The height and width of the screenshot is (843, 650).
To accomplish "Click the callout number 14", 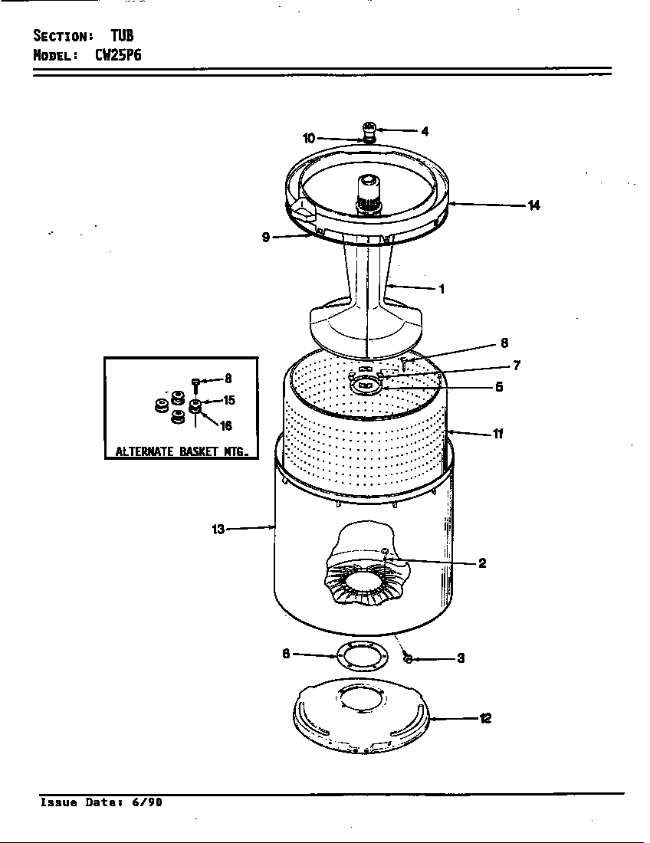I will [533, 205].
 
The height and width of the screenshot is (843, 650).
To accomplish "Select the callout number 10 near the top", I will [309, 138].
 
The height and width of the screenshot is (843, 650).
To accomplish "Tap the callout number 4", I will [425, 131].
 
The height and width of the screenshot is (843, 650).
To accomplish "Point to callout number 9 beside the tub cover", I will [266, 238].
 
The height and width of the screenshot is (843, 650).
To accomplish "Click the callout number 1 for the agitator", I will [442, 289].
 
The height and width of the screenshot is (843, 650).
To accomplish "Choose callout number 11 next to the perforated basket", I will [497, 434].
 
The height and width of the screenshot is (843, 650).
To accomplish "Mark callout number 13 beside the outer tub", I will [218, 529].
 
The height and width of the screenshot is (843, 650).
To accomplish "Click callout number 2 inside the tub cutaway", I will [482, 563].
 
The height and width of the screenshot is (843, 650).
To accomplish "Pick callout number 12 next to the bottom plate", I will [485, 718].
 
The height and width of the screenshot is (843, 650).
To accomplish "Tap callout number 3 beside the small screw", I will [461, 658].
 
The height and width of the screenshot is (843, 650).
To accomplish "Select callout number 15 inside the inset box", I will [228, 400].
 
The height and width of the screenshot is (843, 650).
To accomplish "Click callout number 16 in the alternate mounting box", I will [226, 426].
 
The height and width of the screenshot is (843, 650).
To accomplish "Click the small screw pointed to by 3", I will [408, 658].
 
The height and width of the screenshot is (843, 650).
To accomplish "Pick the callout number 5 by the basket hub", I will [498, 387].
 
